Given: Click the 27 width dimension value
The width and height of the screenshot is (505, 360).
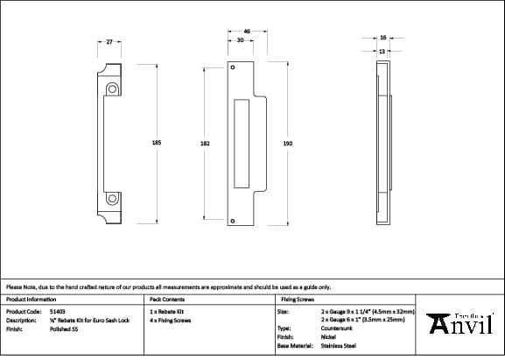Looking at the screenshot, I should tap(109, 41).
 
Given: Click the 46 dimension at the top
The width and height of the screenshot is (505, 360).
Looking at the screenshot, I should tap(247, 32).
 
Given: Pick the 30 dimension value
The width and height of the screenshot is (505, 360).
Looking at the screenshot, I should tap(240, 40).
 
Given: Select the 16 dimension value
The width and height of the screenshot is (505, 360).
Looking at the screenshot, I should tap(382, 38).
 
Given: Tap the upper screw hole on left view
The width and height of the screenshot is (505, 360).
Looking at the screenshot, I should tap(112, 89).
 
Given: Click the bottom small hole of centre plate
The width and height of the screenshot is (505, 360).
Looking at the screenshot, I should tap(233, 222).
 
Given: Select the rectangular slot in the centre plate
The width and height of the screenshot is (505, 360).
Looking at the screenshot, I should tap(242, 144).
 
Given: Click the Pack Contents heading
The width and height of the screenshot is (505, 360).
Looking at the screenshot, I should tap(166, 299).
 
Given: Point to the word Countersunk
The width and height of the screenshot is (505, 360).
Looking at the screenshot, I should tap(336, 328).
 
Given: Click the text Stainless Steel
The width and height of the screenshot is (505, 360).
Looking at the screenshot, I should tap(339, 346).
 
